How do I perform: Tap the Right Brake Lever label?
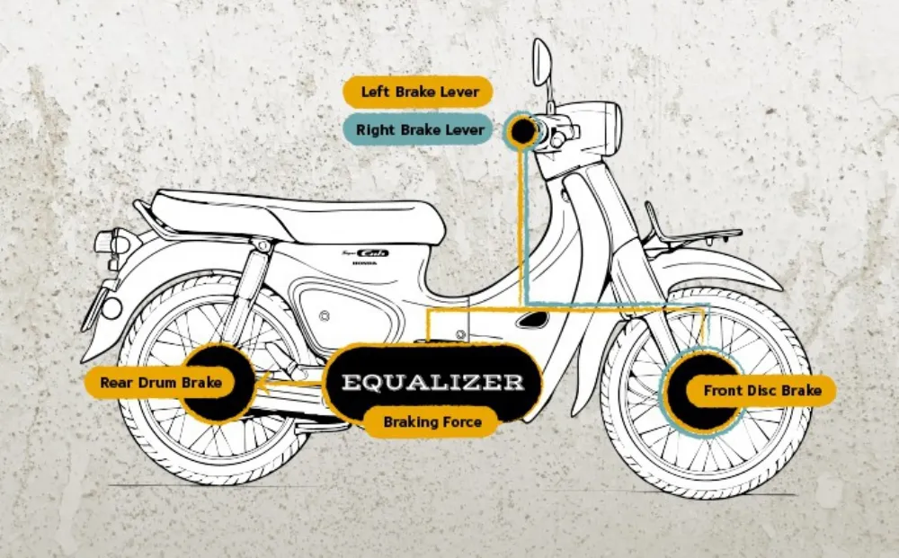coord(419,129)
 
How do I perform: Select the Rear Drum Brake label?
coord(161,383)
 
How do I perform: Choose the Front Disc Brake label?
coord(761,391)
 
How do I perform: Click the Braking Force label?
coord(432,421)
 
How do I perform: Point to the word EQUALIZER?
coord(432,382)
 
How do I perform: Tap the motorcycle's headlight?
coord(603,125)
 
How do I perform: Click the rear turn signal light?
coord(106,242)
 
